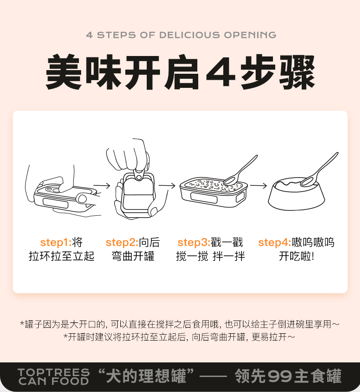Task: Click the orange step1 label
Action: (56, 243)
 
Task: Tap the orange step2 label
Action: (122, 243)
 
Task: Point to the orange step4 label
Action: (275, 243)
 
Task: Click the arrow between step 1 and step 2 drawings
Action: (102, 185)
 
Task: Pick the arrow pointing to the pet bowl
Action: (258, 185)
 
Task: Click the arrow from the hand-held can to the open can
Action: (167, 185)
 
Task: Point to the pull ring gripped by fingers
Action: (139, 174)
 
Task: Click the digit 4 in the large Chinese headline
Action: (221, 72)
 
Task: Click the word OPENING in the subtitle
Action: (250, 35)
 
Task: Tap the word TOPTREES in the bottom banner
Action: (54, 372)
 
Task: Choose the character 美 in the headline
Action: (64, 72)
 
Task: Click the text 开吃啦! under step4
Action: (297, 256)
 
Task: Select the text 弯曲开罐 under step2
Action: (133, 256)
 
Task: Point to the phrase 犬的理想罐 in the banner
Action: (146, 376)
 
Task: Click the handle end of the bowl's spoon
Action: (337, 153)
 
